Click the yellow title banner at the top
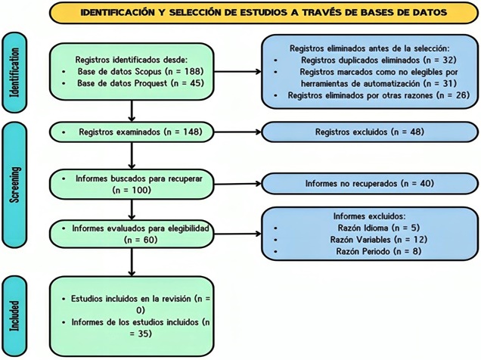(264, 13)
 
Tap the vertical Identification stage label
(14, 73)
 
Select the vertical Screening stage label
(14, 185)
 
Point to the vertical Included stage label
(14, 316)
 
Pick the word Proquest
(149, 83)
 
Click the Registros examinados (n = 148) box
(132, 132)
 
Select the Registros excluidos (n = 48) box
(370, 132)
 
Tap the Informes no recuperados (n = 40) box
(370, 183)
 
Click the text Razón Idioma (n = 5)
(379, 228)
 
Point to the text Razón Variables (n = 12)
(379, 240)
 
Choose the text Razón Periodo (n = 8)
(379, 251)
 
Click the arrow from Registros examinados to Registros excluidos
(237, 132)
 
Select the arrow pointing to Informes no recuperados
(237, 184)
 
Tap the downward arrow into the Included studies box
(132, 262)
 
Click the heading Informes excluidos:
(370, 216)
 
